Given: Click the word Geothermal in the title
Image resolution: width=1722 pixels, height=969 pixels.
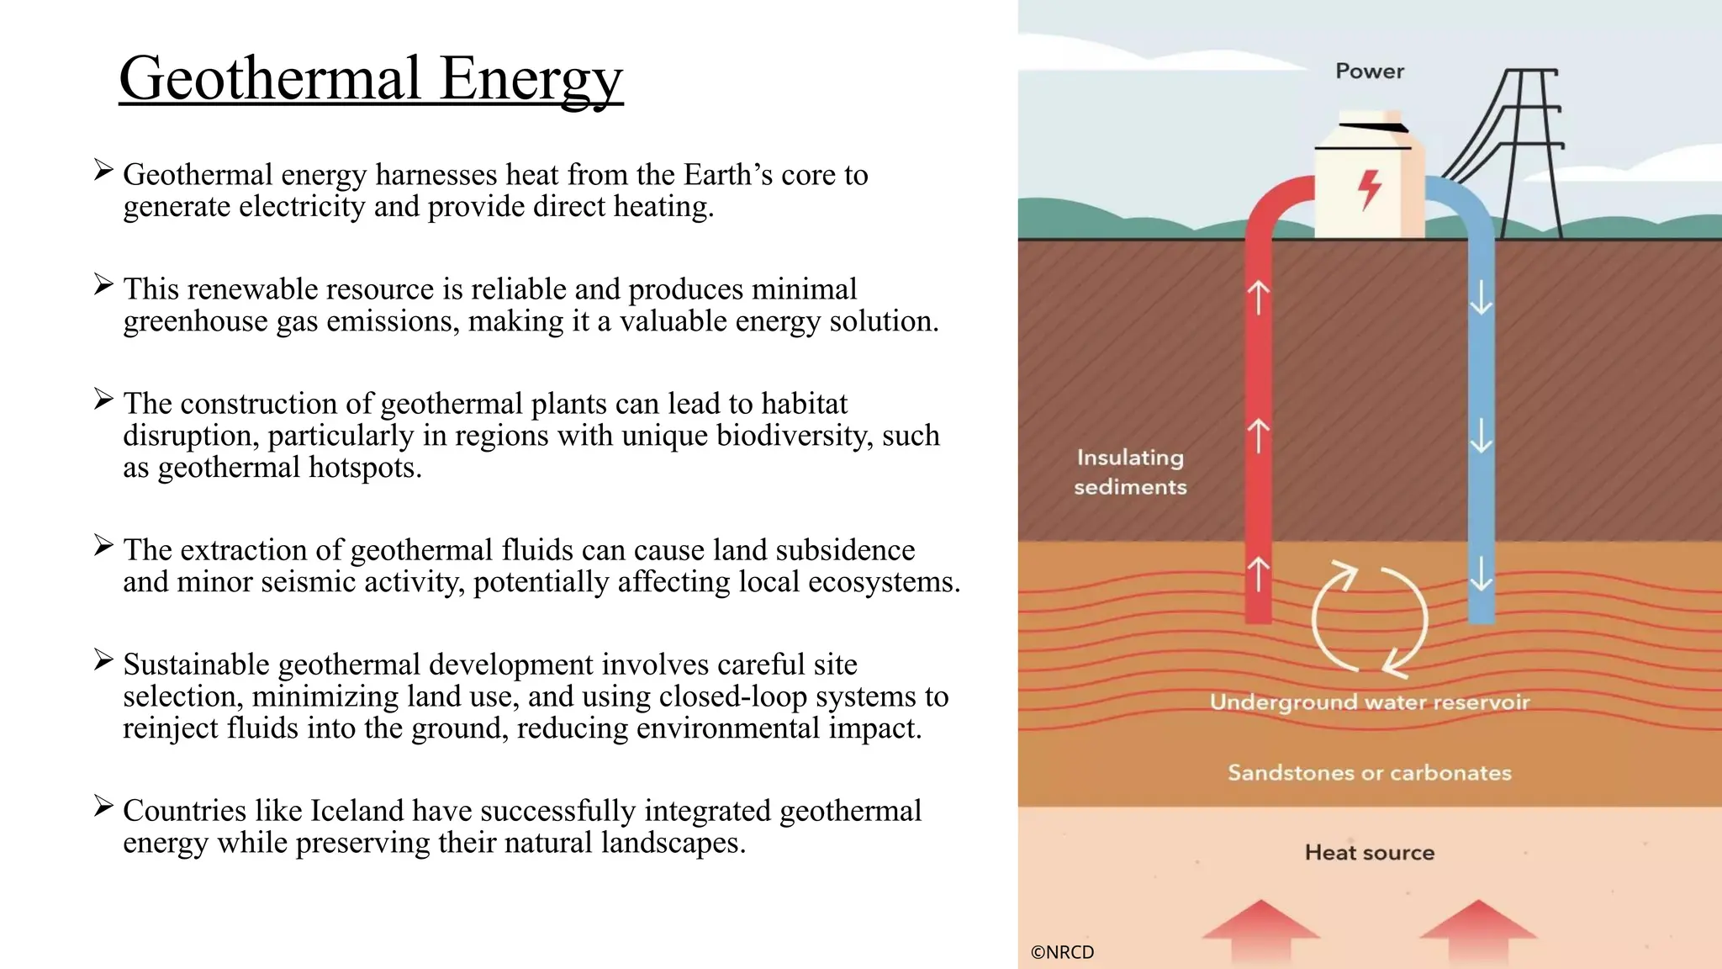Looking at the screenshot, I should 269,78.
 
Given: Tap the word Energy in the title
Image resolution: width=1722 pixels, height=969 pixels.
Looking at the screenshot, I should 531,78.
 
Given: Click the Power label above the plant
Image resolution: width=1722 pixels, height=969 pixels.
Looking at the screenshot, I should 1370,71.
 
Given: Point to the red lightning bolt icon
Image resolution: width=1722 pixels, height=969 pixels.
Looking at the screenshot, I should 1370,189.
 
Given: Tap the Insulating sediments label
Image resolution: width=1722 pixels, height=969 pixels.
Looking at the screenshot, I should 1130,472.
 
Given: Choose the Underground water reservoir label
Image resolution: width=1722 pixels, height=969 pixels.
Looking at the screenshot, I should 1369,702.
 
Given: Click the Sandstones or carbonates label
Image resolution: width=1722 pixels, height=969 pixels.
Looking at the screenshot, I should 1369,773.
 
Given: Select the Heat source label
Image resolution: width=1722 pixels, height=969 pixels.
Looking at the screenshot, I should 1369,853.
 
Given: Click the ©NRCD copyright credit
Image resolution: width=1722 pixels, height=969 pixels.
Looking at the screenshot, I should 1062,952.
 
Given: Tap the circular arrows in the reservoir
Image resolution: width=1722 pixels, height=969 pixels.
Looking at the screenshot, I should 1370,621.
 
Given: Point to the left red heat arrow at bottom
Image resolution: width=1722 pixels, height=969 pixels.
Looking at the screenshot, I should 1260,929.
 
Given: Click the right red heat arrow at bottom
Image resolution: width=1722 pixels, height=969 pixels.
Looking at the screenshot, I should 1477,929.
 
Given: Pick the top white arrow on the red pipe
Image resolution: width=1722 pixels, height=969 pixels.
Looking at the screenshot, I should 1258,297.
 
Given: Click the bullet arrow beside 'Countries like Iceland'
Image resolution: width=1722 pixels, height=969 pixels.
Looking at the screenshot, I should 103,807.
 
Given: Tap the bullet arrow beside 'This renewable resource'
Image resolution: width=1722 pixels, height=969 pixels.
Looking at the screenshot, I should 103,285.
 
